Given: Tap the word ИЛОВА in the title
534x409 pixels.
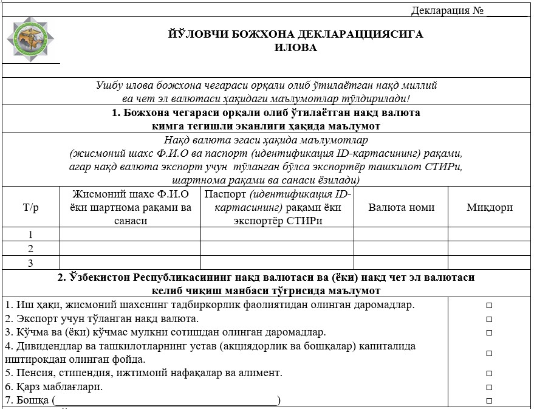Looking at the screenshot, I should click(x=295, y=47).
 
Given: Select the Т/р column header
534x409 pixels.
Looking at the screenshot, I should click(x=30, y=207).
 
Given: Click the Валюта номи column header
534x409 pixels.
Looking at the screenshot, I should click(x=401, y=207).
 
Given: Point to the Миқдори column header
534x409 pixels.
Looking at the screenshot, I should click(x=490, y=207).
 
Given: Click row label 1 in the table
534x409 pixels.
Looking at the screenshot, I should click(x=30, y=235).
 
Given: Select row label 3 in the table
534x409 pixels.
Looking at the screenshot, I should click(x=30, y=263).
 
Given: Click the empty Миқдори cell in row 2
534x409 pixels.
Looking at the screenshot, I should click(x=490, y=249).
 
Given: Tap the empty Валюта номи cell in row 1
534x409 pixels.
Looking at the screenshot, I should click(x=401, y=235).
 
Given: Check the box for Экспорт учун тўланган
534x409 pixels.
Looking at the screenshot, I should click(x=489, y=319).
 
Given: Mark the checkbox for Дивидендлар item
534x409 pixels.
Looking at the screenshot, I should click(x=489, y=352).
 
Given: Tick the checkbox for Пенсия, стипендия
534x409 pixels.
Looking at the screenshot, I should click(x=489, y=373).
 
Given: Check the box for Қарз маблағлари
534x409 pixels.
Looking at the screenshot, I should click(x=489, y=387).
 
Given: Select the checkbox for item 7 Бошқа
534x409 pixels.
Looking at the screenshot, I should click(x=489, y=401).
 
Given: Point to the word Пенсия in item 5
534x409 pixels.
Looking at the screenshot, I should click(x=30, y=373).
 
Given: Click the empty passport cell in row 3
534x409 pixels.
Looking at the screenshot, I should click(x=277, y=263).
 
